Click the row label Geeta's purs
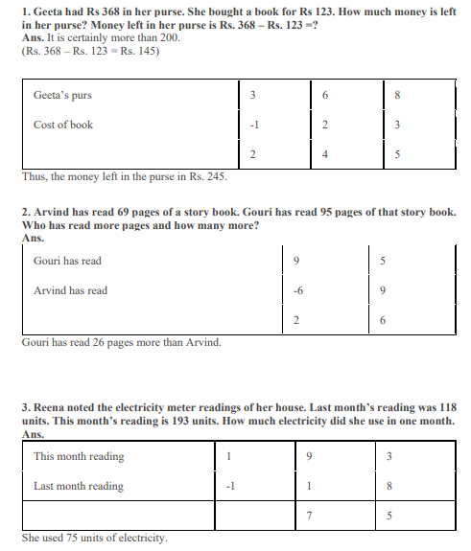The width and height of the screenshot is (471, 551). point(62,95)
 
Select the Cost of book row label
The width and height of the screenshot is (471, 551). point(63,125)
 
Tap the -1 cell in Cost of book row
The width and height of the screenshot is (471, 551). point(251,125)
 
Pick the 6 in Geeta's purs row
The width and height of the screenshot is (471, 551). point(325,95)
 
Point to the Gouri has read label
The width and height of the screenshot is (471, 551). point(67,261)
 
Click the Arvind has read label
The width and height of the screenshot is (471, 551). point(70,290)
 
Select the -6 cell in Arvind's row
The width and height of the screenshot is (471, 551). point(298,290)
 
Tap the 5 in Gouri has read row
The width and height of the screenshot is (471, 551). point(385,261)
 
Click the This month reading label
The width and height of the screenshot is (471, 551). point(79,456)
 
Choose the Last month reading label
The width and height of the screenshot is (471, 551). point(79,486)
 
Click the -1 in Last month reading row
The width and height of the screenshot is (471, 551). point(229,486)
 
